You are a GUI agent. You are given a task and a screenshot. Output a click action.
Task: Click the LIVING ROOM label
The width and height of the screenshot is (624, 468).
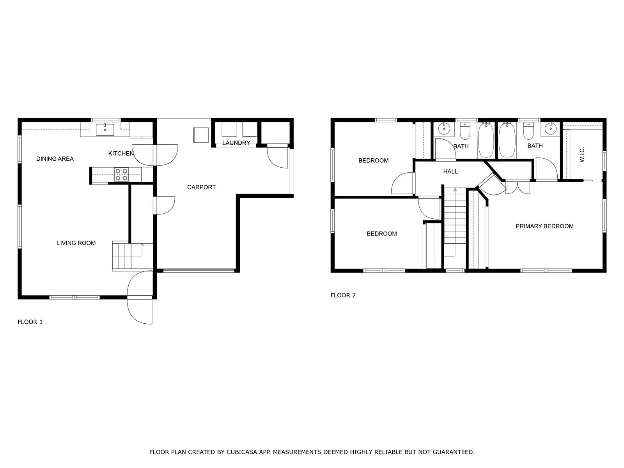[x=76, y=243]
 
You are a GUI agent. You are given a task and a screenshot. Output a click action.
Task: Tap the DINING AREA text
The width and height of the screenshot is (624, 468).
[x=55, y=159]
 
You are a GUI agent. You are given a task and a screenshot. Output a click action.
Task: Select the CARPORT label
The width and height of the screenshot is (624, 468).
[x=201, y=187]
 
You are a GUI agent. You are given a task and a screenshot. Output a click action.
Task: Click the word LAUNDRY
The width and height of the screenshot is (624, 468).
[x=236, y=143]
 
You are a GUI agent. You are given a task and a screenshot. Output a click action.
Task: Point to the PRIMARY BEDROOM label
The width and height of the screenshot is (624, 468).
[x=544, y=226]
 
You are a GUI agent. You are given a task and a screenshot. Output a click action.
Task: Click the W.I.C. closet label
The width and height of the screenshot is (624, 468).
[x=582, y=155]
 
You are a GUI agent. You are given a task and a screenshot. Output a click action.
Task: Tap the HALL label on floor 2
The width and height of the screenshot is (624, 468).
[x=450, y=171]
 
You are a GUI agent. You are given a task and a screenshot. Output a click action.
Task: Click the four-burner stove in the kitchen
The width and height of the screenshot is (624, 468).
[x=121, y=174]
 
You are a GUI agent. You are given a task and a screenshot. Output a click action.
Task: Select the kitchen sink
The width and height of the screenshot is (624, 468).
[x=105, y=130]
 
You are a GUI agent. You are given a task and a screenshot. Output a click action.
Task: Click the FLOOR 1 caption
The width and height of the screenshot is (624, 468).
[x=30, y=322]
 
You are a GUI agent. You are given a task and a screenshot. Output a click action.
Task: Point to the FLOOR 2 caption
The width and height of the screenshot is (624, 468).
[x=343, y=295]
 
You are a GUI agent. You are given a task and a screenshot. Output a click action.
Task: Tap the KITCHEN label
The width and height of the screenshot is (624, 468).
[x=121, y=154]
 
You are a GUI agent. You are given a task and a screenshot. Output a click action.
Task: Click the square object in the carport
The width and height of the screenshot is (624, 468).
[x=201, y=135]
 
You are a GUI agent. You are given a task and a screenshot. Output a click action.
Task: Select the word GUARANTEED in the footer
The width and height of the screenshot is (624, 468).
[x=453, y=452]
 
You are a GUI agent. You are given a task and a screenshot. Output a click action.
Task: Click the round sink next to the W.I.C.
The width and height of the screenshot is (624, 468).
[x=551, y=128]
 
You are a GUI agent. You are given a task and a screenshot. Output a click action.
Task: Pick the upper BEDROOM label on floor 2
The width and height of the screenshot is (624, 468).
[x=373, y=161]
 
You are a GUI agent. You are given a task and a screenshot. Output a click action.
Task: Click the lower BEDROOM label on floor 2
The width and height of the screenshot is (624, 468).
[x=381, y=234]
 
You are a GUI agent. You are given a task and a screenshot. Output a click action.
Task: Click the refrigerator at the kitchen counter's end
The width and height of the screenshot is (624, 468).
[x=141, y=130]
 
